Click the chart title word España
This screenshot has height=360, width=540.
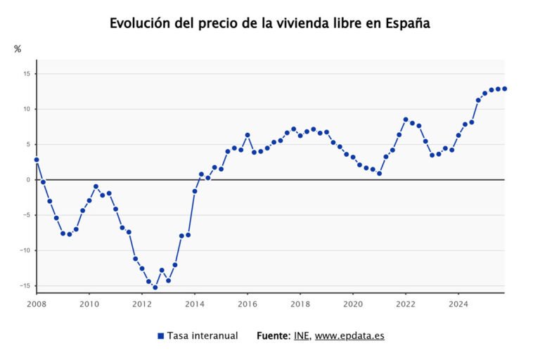tap(406, 23)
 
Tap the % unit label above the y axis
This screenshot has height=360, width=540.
tap(18, 49)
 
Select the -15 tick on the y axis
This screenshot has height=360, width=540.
tap(24, 285)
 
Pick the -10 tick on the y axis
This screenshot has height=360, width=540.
tap(24, 250)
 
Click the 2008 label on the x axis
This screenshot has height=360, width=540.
tap(37, 304)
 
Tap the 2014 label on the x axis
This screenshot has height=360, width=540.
tap(195, 304)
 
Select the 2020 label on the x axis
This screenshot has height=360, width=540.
tap(353, 304)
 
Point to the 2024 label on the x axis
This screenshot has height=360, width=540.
tap(458, 304)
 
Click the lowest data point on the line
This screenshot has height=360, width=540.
tap(155, 288)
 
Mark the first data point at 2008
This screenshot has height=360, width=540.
tap(37, 160)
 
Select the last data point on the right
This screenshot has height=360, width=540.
tap(505, 89)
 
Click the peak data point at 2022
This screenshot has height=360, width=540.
tap(406, 120)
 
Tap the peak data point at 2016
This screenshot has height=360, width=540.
tap(247, 135)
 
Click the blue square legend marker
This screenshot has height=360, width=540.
tap(160, 336)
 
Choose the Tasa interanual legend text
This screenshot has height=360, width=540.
tap(202, 336)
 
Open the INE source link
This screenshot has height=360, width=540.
tap(300, 336)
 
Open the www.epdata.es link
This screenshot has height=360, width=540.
tap(349, 336)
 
